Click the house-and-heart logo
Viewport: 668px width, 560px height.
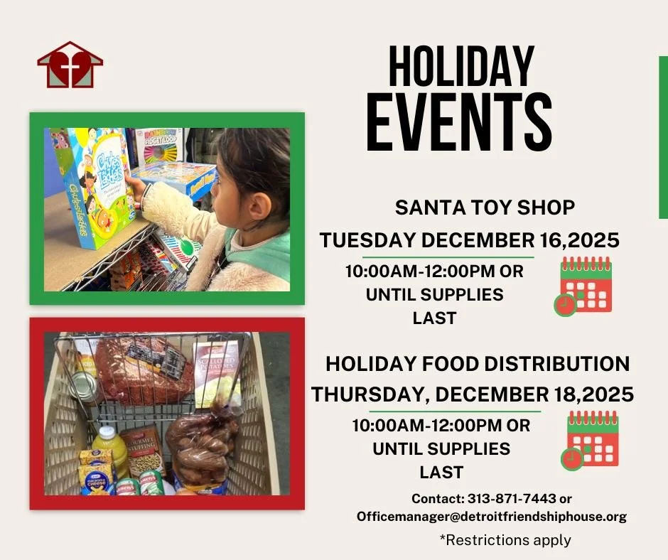click(x=70, y=65)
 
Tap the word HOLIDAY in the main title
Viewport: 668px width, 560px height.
click(x=460, y=68)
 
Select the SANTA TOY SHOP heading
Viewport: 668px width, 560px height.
click(x=485, y=208)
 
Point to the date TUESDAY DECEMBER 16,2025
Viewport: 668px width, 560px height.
click(x=469, y=240)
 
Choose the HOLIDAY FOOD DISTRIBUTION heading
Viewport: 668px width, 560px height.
click(x=478, y=364)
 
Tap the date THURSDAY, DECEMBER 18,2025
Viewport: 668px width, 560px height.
click(x=473, y=394)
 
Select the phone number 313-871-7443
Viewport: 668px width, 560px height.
click(x=510, y=499)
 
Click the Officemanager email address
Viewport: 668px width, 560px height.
click(x=492, y=517)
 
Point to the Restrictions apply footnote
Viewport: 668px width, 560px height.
click(x=505, y=540)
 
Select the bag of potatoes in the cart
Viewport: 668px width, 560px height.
click(x=202, y=444)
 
